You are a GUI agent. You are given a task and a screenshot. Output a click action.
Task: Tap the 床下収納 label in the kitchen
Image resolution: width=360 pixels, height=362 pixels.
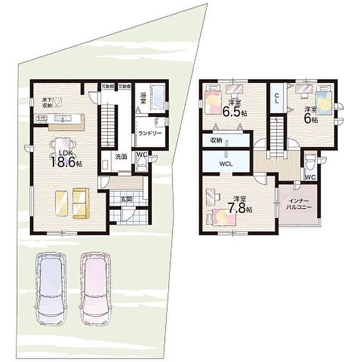coord(46,103)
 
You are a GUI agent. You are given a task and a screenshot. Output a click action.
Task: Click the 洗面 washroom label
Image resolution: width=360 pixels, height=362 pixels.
coord(121,157)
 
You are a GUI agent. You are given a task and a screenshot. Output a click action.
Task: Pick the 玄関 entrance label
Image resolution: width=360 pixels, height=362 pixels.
coord(125,199)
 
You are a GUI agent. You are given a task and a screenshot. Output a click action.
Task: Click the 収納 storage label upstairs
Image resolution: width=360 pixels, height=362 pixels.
coord(216,140)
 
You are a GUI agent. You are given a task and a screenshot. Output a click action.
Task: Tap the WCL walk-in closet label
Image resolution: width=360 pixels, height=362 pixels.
coord(226,164)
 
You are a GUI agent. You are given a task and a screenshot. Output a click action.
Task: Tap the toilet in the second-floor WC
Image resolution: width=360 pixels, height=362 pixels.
coord(310,158)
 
